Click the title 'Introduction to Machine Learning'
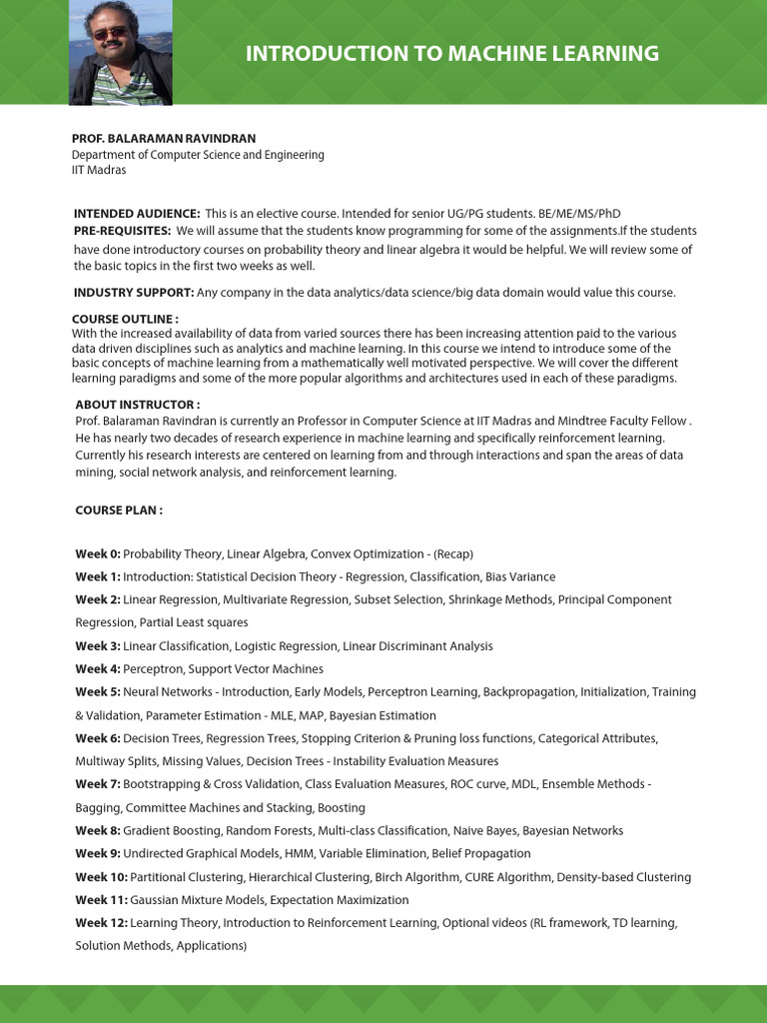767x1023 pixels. point(452,54)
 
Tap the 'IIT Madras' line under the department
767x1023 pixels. point(99,170)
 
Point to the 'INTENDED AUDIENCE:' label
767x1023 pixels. point(137,214)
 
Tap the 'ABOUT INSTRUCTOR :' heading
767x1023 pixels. point(137,405)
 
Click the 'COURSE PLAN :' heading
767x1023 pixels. point(119,511)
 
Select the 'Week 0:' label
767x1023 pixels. point(98,553)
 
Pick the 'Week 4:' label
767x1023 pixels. point(98,669)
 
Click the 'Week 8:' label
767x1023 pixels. point(98,831)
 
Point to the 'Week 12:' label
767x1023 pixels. point(101,923)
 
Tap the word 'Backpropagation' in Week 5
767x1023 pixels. point(529,692)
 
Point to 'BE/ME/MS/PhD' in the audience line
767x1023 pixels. point(579,214)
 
